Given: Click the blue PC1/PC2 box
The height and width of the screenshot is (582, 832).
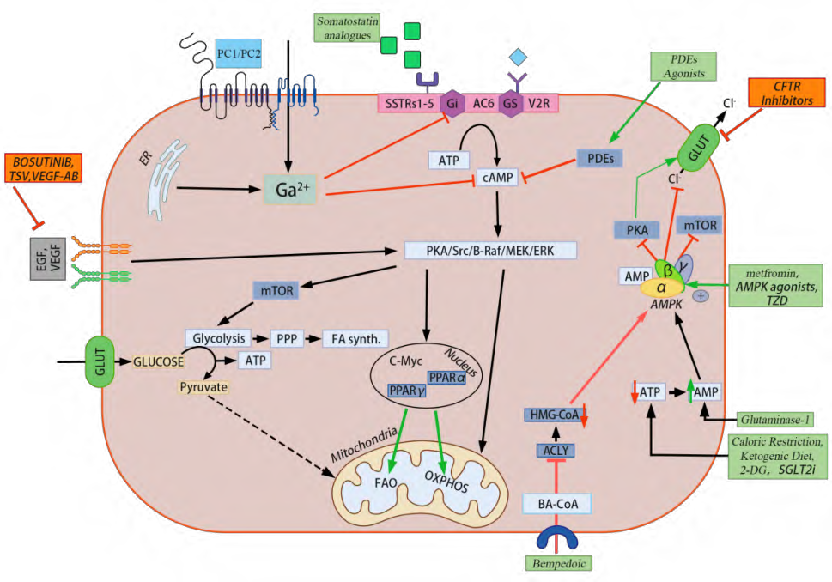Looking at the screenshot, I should tap(240, 52).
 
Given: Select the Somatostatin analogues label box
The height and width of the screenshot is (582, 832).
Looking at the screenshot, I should tap(348, 27).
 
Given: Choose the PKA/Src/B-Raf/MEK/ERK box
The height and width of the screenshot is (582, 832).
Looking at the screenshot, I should tap(490, 251).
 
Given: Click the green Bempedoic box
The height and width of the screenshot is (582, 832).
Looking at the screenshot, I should tap(556, 563).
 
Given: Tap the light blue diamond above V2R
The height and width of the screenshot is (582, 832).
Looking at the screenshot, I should tap(518, 57).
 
